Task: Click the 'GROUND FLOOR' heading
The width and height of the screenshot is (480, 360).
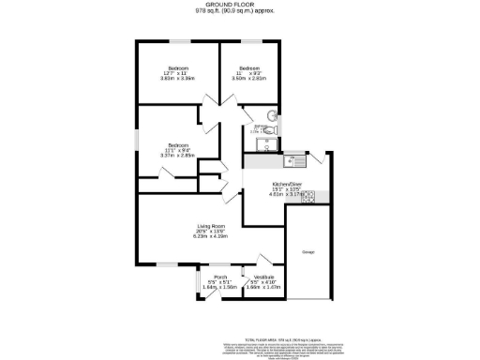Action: pos(239,5)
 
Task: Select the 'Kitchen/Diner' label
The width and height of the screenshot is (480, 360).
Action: pos(286,184)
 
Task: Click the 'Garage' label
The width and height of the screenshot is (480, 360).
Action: pos(307,253)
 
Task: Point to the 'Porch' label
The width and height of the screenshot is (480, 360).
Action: pos(219,277)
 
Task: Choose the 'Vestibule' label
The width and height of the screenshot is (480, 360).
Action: pos(263,277)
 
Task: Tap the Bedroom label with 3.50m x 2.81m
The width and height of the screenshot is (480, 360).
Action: pos(248,69)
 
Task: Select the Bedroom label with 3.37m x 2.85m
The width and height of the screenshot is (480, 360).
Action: pos(178,145)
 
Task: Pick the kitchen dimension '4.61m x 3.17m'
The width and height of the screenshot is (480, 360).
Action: pos(286,195)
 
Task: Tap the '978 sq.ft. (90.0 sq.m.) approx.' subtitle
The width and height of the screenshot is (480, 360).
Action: pos(239,12)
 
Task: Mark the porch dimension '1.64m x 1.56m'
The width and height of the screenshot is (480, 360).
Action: pos(219,288)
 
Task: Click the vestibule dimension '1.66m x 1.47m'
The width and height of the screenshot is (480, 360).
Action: pos(263,288)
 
